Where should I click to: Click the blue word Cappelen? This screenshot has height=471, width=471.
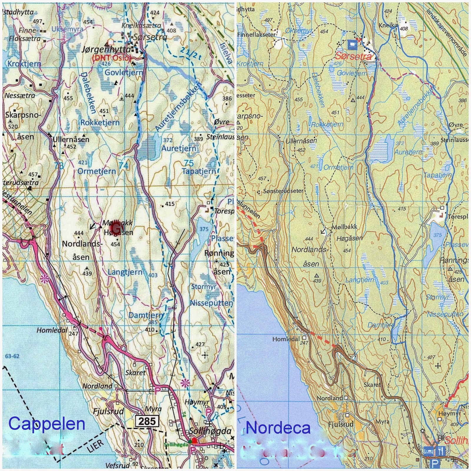pyautogui.click(x=47, y=424)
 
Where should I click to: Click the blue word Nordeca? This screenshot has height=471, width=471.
pyautogui.click(x=278, y=428)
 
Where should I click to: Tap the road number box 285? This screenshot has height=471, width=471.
pyautogui.click(x=147, y=421)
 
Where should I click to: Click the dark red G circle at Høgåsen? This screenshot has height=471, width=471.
pyautogui.click(x=116, y=228)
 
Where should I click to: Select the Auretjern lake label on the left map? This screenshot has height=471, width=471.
pyautogui.click(x=178, y=148)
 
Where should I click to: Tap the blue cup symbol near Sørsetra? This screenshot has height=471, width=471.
pyautogui.click(x=352, y=44)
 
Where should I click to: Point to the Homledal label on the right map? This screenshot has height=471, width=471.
pyautogui.click(x=286, y=339)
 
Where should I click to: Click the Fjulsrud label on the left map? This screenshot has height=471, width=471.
pyautogui.click(x=108, y=411)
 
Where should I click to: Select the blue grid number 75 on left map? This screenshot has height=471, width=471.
pyautogui.click(x=189, y=163)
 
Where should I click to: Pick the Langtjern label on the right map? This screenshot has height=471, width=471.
pyautogui.click(x=359, y=280)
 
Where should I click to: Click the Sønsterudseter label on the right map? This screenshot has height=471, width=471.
pyautogui.click(x=283, y=191)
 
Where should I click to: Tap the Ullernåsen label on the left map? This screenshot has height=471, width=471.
pyautogui.click(x=71, y=139)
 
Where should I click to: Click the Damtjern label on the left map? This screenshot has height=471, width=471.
pyautogui.click(x=146, y=315)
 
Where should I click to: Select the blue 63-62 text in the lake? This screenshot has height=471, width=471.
pyautogui.click(x=12, y=356)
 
